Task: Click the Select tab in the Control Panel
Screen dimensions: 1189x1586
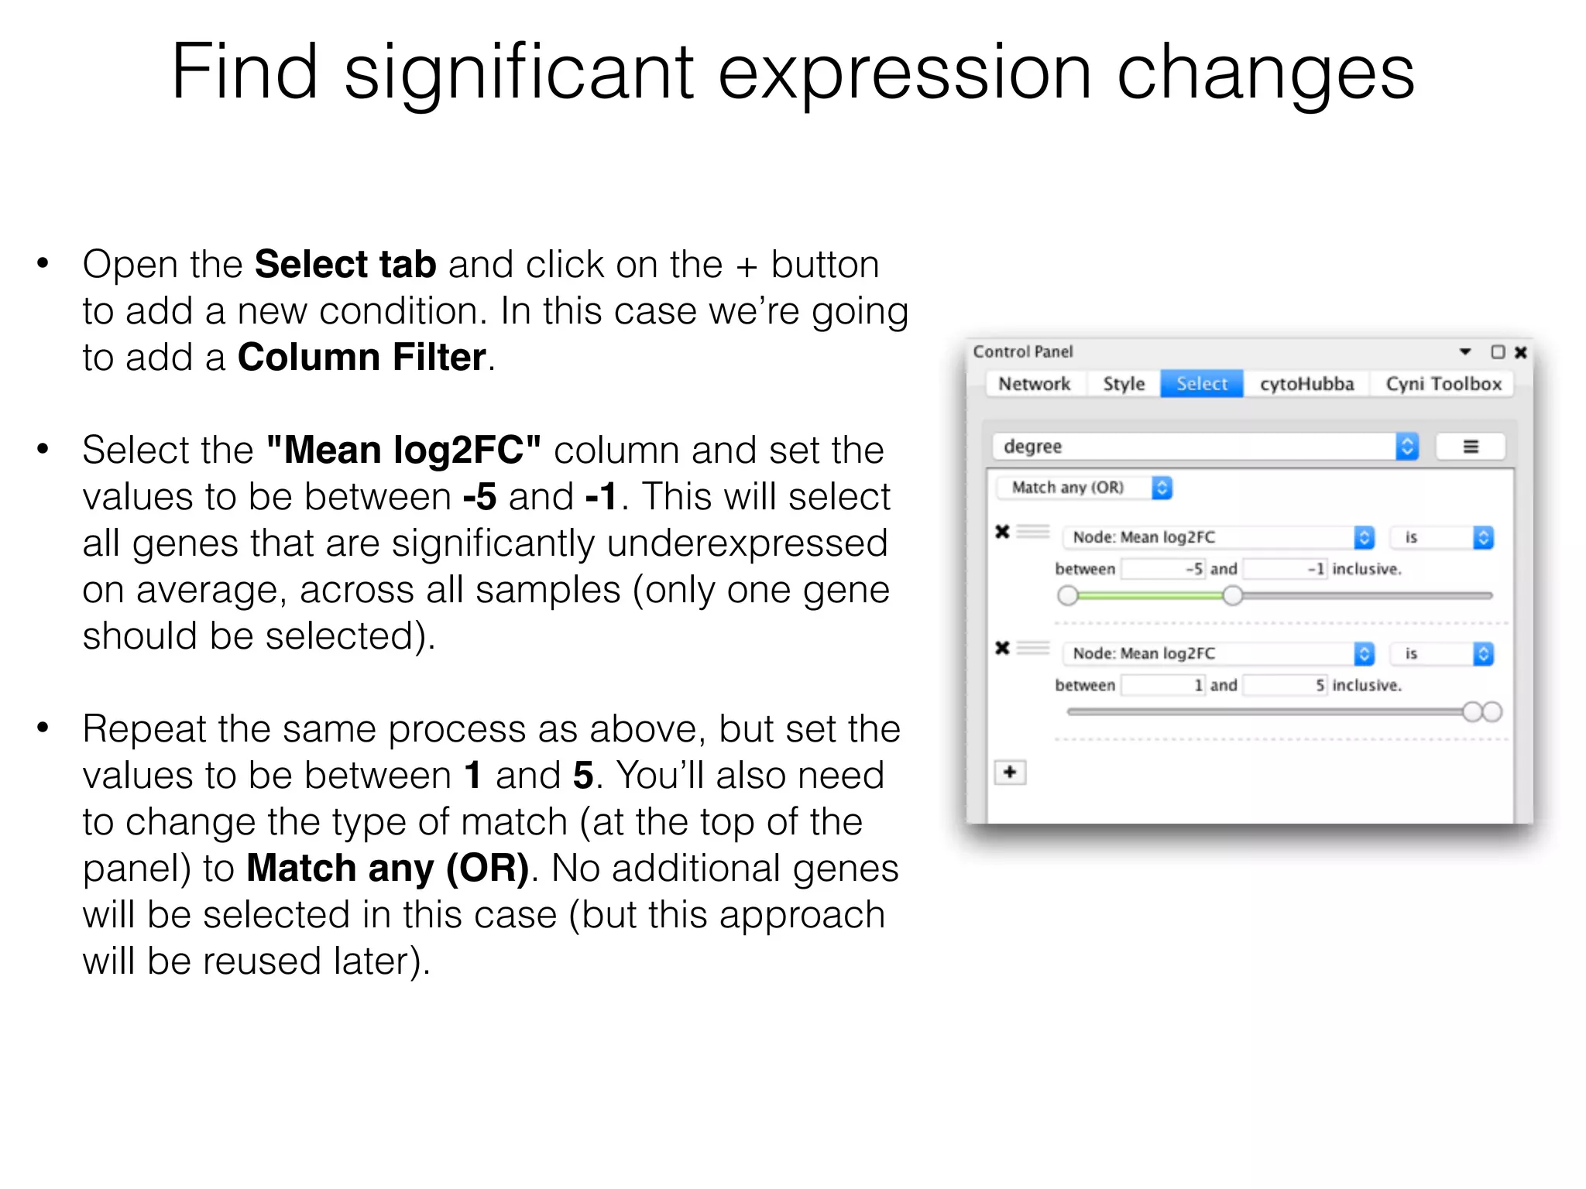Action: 1201,384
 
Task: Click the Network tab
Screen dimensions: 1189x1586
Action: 1034,384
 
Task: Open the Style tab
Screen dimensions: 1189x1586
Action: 1123,384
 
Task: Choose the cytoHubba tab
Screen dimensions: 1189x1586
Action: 1306,384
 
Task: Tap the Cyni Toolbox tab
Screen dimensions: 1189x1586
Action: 1443,384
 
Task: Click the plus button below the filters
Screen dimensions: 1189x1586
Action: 1010,772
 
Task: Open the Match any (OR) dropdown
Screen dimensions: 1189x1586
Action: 1083,488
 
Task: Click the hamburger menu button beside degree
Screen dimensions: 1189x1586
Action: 1470,447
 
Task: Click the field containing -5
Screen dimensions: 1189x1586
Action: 1163,569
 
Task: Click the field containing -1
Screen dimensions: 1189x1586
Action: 1285,569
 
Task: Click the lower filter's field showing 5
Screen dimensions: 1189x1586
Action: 1285,685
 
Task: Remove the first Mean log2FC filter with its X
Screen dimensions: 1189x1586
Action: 1002,532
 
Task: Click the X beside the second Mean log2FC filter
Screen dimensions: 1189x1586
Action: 1002,648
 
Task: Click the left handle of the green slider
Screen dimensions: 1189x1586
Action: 1068,595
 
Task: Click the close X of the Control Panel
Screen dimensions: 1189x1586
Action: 1520,352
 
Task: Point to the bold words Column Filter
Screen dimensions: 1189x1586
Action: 362,358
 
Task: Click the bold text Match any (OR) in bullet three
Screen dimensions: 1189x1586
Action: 388,869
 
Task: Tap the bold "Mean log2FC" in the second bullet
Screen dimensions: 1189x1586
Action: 403,451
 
